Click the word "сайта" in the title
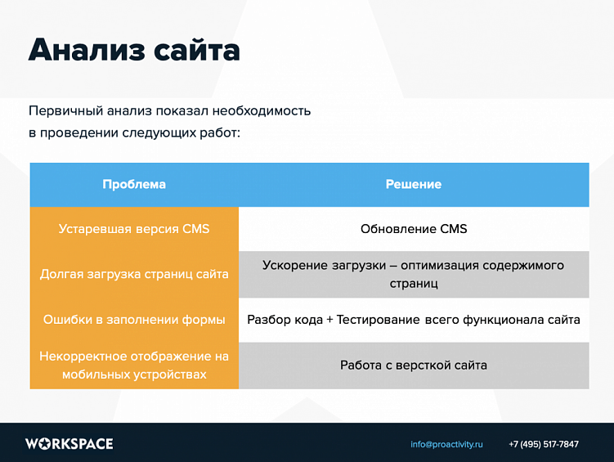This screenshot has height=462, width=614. (195, 50)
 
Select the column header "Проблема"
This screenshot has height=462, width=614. (134, 184)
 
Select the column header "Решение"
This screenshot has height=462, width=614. (414, 184)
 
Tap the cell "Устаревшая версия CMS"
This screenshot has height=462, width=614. (134, 229)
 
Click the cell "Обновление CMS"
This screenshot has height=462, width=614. (414, 229)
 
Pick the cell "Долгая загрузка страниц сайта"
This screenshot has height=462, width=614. (134, 274)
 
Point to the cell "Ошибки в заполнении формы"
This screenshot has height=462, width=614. (134, 320)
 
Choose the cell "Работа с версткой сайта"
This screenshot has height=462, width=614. (414, 365)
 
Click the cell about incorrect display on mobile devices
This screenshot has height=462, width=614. (134, 366)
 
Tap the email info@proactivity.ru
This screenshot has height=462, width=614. (446, 444)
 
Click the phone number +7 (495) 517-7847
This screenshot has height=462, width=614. (544, 444)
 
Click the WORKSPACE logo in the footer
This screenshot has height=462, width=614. (69, 444)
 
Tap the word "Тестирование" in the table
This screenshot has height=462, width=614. (378, 320)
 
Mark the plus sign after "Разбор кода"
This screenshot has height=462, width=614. (329, 320)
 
